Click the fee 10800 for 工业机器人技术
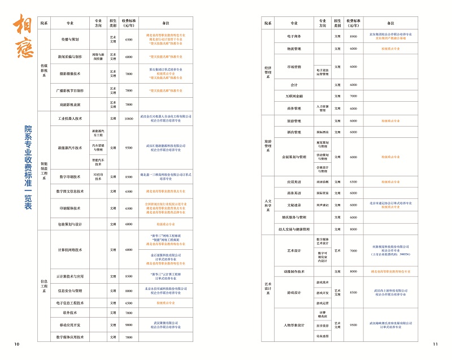pyautogui.click(x=129, y=119)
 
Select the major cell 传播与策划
pyautogui.click(x=70, y=40)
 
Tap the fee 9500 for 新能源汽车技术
pyautogui.click(x=129, y=148)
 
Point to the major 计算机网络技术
pyautogui.click(x=70, y=249)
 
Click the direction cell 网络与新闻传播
pyautogui.click(x=97, y=57)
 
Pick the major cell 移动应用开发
pyautogui.click(x=70, y=324)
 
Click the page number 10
pyautogui.click(x=16, y=344)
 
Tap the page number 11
pyautogui.click(x=435, y=344)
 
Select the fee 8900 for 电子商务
pyautogui.click(x=353, y=37)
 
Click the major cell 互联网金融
pyautogui.click(x=294, y=96)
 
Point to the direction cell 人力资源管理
pyautogui.click(x=322, y=108)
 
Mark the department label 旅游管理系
pyautogui.click(x=268, y=145)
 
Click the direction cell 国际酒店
pyautogui.click(x=322, y=132)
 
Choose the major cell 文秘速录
pyautogui.click(x=294, y=205)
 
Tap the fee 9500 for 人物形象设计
pyautogui.click(x=353, y=325)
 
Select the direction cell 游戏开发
pyautogui.click(x=322, y=293)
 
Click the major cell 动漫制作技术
pyautogui.click(x=294, y=271)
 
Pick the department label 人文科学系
pyautogui.click(x=268, y=205)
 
